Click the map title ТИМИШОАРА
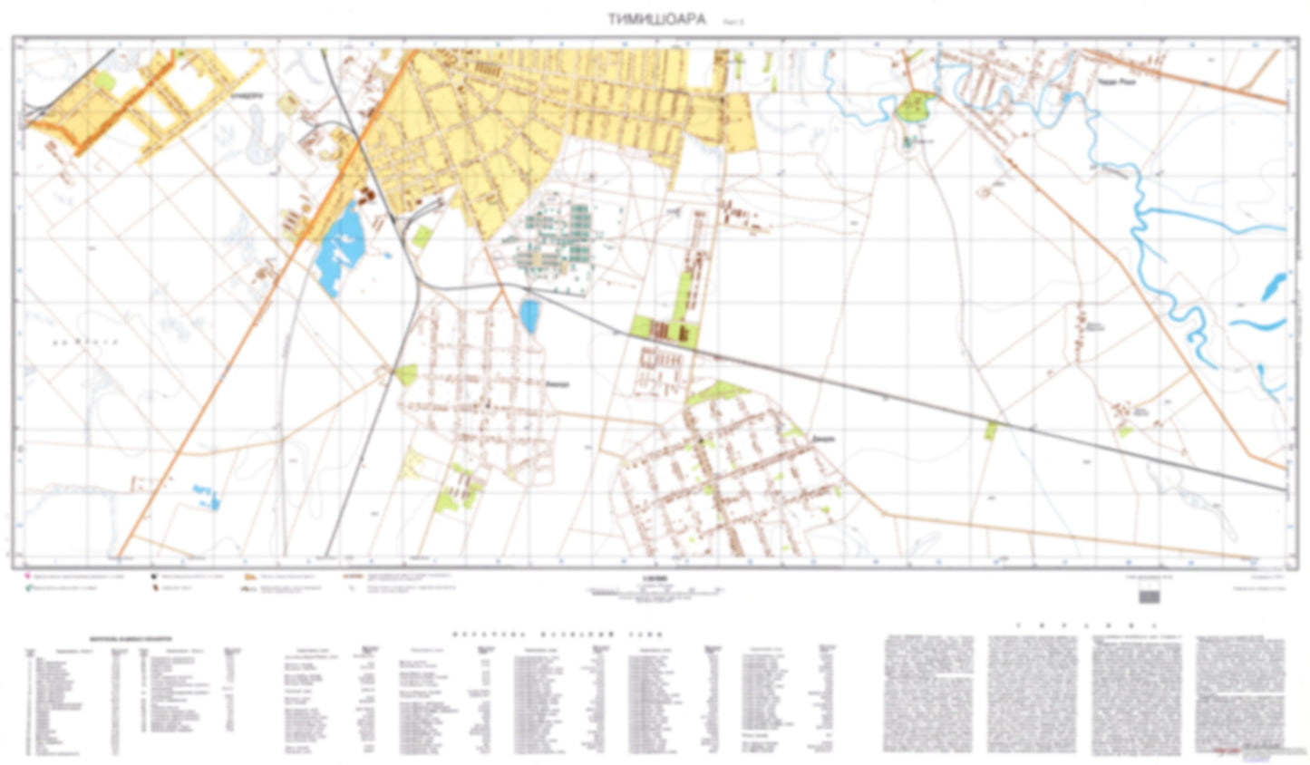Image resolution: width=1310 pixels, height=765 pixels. pos(655,19)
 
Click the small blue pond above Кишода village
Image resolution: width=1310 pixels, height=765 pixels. pos(529,315)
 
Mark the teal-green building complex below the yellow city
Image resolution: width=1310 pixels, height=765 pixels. pos(558,239)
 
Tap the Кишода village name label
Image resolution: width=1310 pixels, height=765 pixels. pos(558,384)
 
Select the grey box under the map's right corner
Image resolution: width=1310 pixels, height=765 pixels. pos(1149,595)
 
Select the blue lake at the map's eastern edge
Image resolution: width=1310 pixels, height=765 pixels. pos(1273,286)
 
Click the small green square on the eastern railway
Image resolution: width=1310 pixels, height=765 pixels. pos(990,431)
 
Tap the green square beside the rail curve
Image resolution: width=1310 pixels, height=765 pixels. pos(422,237)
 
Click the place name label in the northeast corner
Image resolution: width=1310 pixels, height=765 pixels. pos(1117,82)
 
